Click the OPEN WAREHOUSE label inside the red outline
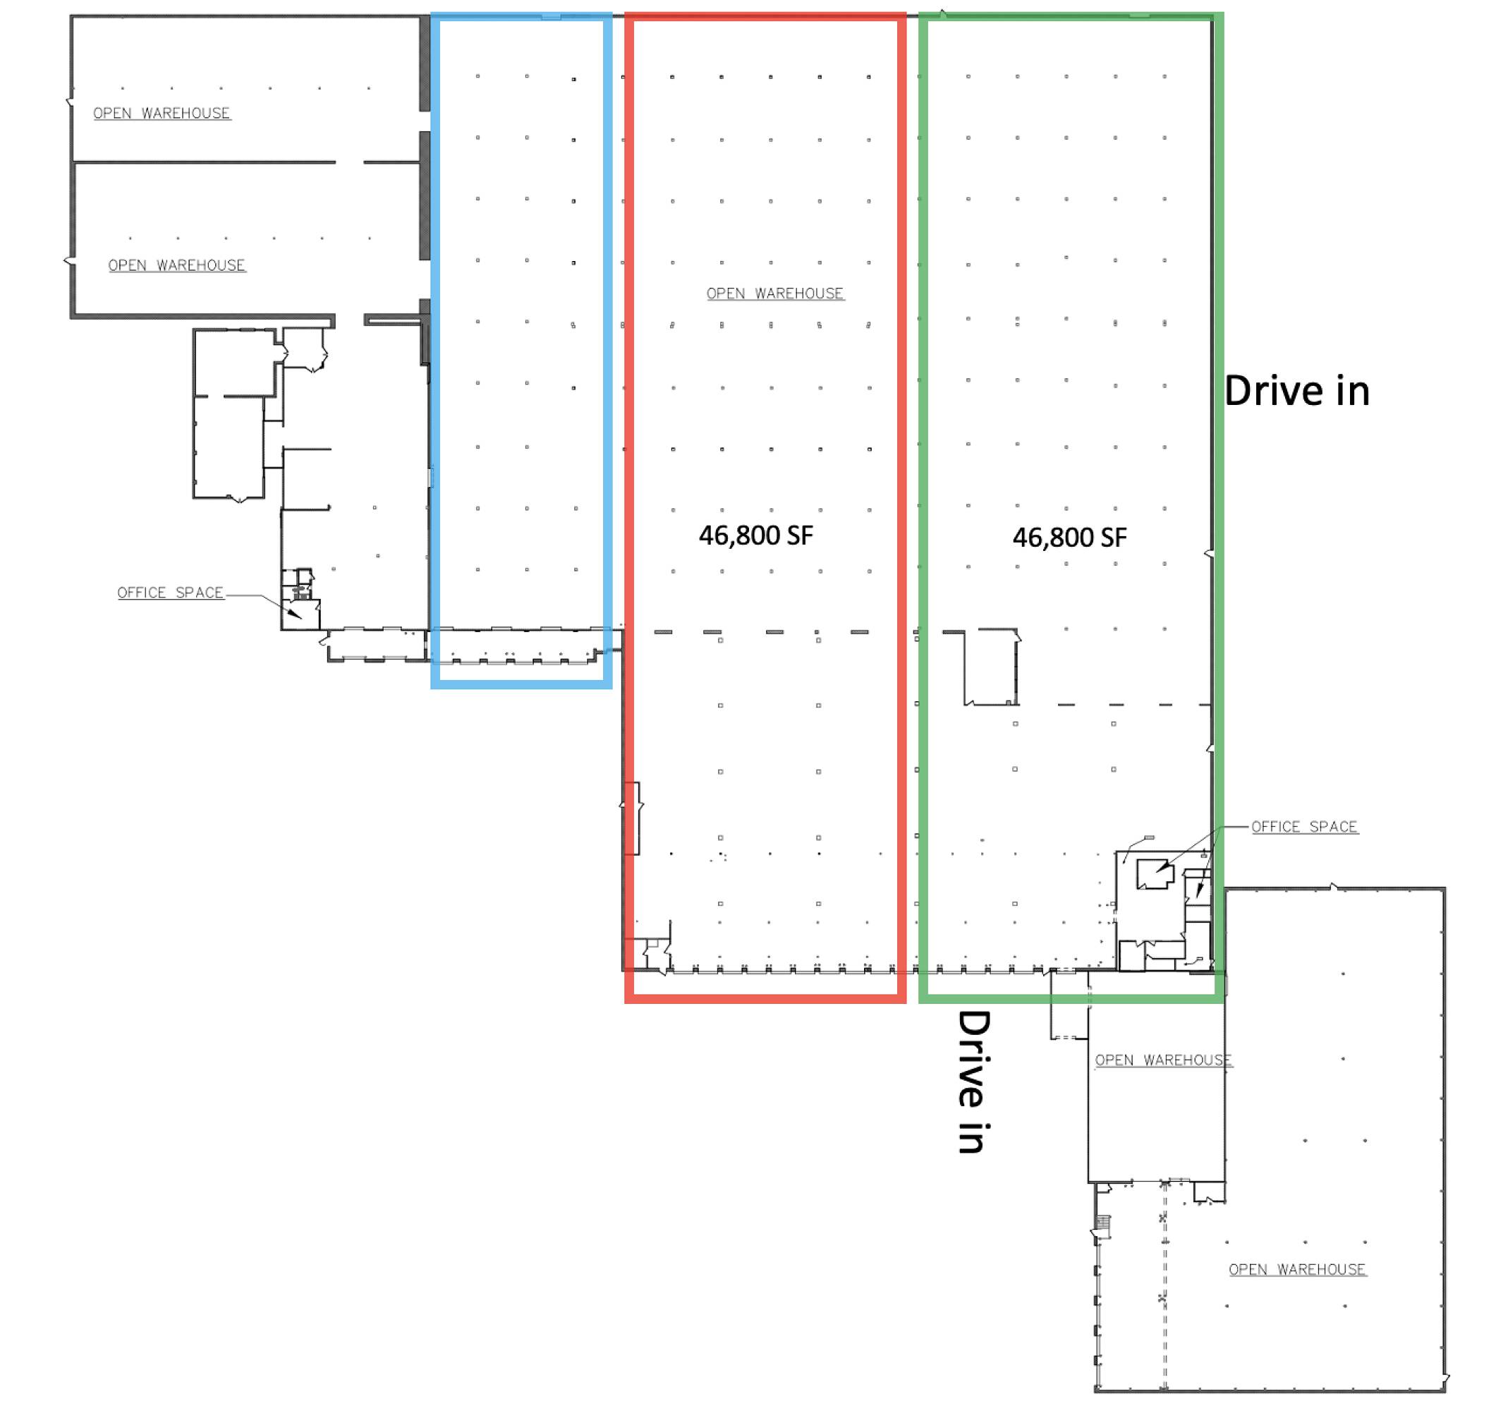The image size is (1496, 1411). pos(775,293)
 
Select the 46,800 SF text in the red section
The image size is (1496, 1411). pos(755,535)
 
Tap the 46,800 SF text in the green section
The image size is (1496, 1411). pos(1069,538)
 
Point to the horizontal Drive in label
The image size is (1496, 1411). pos(1296,391)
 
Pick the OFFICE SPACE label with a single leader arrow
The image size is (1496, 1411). pos(171,593)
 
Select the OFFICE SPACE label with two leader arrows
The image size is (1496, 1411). pos(1304,827)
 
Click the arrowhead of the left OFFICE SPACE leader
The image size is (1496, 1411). pos(295,614)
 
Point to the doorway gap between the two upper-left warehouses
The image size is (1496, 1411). pos(350,162)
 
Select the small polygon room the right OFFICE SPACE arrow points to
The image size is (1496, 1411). pos(1155,873)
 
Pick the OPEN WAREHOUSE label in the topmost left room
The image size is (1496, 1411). pos(162,114)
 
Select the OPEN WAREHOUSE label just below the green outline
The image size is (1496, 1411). pos(1163,1060)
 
